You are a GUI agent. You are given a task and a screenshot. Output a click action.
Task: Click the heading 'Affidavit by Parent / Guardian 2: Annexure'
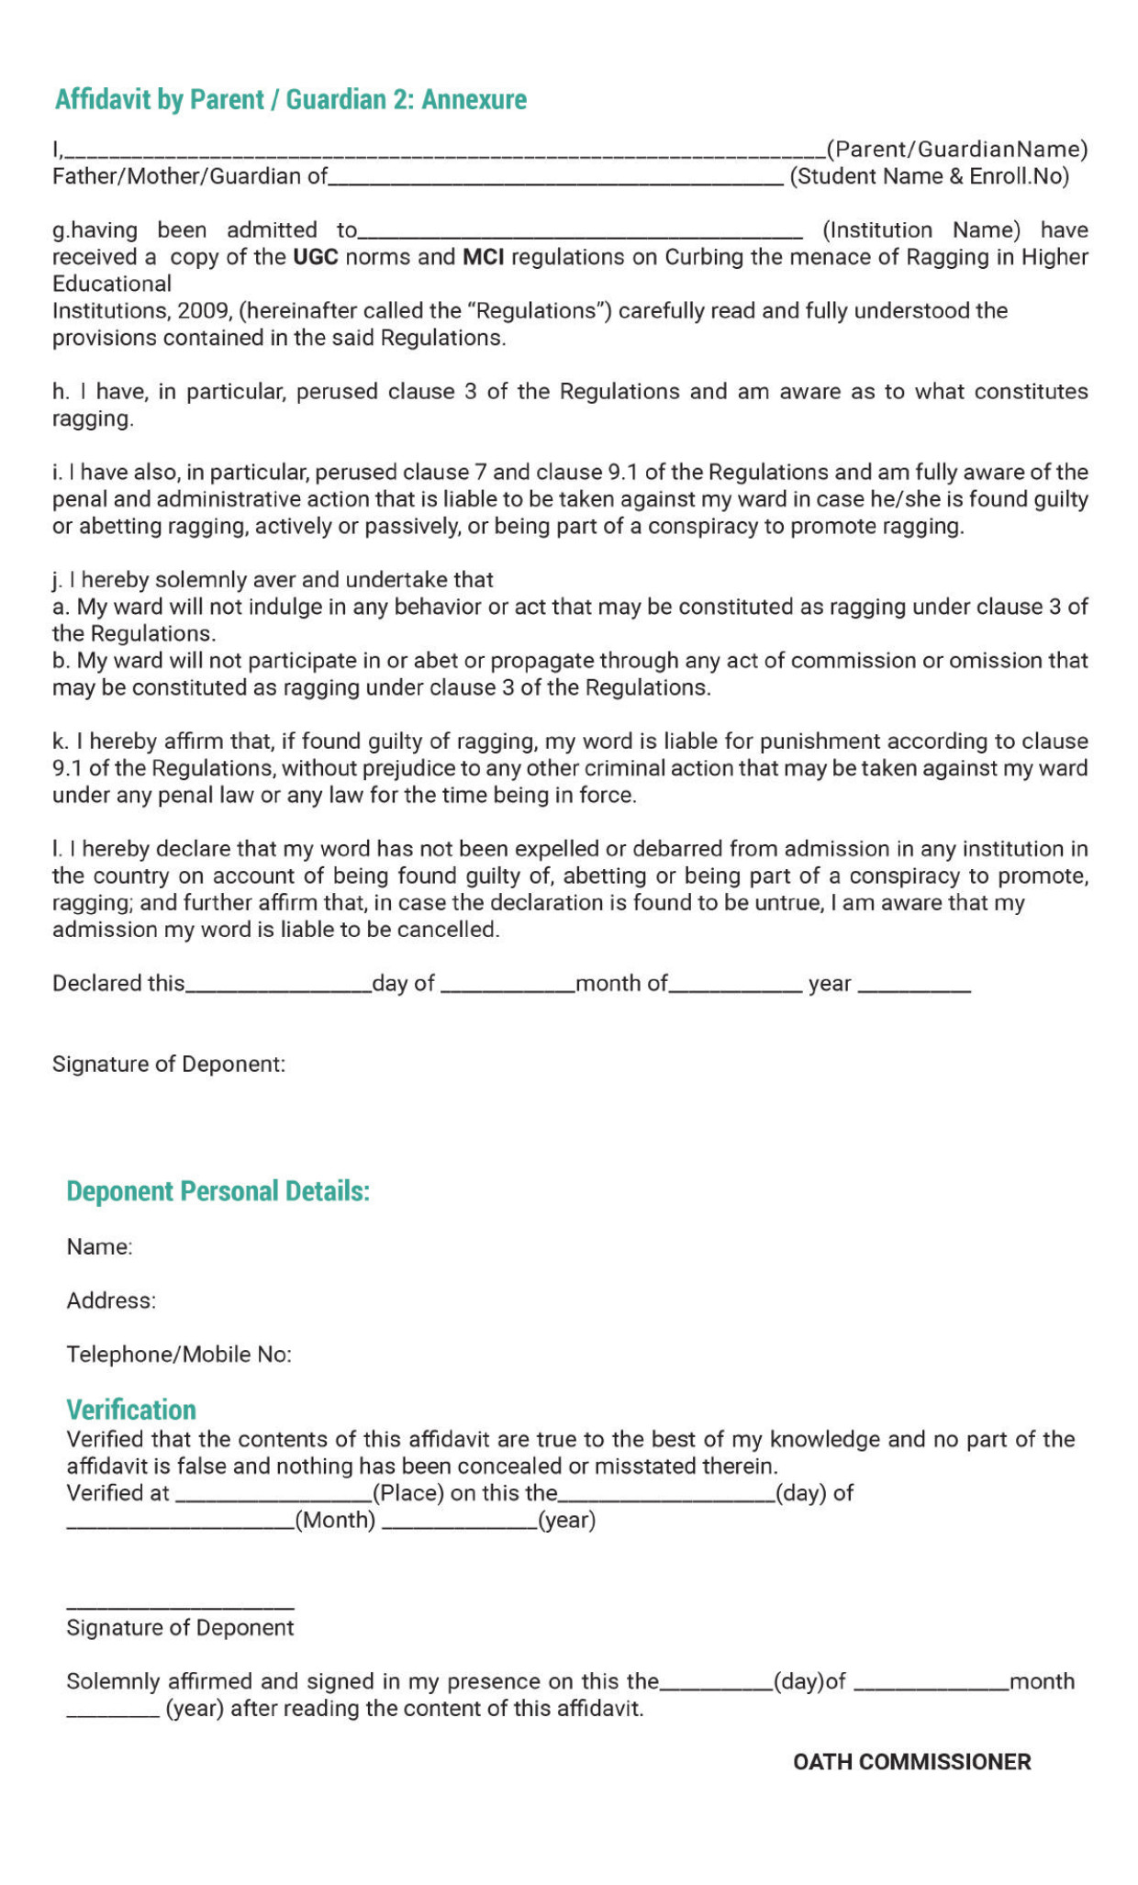(x=291, y=99)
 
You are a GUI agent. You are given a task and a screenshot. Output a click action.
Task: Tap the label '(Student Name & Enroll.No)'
(x=929, y=176)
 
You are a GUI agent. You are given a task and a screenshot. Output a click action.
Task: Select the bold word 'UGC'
(x=315, y=257)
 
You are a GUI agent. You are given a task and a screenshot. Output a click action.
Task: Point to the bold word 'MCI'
(x=483, y=257)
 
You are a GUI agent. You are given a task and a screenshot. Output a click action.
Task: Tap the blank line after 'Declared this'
(x=278, y=990)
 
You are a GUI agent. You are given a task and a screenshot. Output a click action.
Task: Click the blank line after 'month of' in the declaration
(x=735, y=990)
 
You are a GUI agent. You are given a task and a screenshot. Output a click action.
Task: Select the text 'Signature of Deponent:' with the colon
(x=169, y=1065)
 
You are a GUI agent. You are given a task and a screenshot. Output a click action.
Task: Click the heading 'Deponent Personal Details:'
(x=218, y=1191)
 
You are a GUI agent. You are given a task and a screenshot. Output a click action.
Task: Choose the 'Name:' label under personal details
(x=99, y=1247)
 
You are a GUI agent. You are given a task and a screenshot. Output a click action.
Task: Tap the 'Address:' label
(x=111, y=1300)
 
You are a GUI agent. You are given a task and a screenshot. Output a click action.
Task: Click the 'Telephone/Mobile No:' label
(x=179, y=1355)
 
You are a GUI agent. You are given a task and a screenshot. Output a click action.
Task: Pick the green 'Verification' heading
(x=131, y=1410)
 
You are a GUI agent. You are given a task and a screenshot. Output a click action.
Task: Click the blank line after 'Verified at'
(x=273, y=1500)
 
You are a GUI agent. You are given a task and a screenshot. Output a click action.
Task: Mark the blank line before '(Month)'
(x=180, y=1527)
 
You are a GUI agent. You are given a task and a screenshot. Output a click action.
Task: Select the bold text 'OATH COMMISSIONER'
(x=911, y=1762)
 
